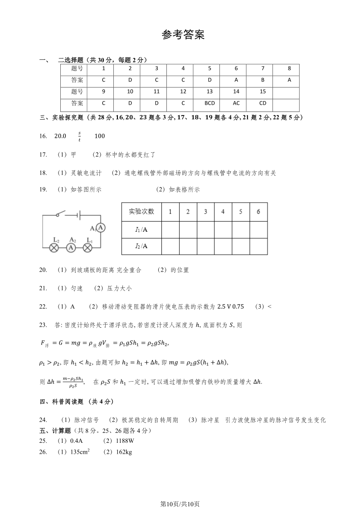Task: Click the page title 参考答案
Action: [x=183, y=35]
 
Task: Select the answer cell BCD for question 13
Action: [x=209, y=103]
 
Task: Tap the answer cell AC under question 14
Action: [x=236, y=103]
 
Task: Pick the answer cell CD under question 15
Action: [x=263, y=103]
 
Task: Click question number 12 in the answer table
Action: [x=183, y=92]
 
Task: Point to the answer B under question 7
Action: [x=263, y=80]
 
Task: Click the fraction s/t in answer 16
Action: [x=79, y=136]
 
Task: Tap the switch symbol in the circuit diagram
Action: [x=60, y=214]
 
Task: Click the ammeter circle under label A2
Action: [x=71, y=247]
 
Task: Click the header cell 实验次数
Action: [x=141, y=212]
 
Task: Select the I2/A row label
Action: [x=141, y=246]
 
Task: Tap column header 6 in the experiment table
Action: [x=258, y=212]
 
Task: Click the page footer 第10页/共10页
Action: [x=180, y=491]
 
